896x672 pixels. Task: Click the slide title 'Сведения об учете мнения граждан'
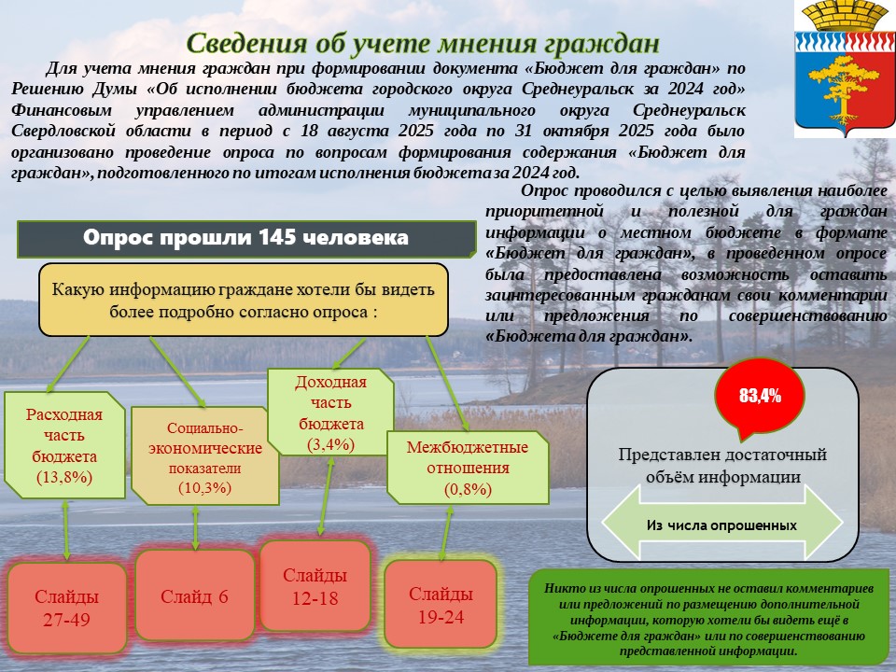[424, 43]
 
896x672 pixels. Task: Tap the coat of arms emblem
[845, 69]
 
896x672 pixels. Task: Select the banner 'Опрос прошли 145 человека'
[246, 238]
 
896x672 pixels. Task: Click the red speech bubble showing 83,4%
[760, 398]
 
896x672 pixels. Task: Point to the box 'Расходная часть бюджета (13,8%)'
[64, 445]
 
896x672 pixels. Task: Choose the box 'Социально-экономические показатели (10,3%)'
[204, 456]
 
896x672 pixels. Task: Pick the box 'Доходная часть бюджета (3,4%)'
[330, 412]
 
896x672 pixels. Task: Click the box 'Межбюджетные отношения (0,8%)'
[468, 468]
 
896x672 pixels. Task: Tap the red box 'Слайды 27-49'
[67, 608]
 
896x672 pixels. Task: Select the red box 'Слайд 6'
[194, 596]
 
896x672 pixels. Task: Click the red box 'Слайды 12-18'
[315, 586]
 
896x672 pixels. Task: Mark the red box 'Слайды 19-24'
[441, 605]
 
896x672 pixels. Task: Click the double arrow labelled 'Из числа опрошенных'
[722, 523]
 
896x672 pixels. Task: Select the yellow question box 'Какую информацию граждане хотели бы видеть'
[244, 300]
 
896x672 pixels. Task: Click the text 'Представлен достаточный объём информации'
[722, 466]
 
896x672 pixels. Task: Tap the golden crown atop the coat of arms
[845, 16]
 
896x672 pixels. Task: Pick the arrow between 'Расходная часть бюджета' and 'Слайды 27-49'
[65, 530]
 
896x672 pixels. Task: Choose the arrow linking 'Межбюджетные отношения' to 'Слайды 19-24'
[446, 533]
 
